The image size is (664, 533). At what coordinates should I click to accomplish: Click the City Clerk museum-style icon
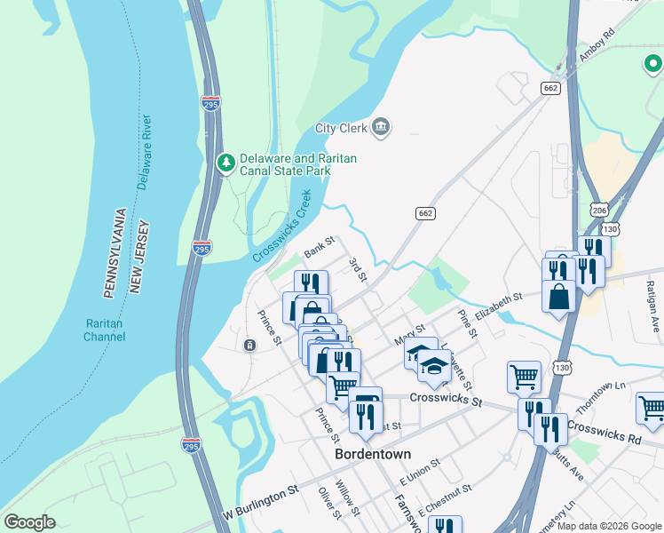pyautogui.click(x=381, y=127)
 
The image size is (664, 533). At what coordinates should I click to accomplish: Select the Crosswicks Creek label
pyautogui.click(x=282, y=226)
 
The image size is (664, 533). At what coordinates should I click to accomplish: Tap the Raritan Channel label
pyautogui.click(x=106, y=330)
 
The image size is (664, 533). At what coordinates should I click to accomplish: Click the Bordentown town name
pyautogui.click(x=373, y=454)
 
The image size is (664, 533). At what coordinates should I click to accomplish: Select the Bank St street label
pyautogui.click(x=318, y=247)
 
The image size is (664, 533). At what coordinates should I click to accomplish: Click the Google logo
pyautogui.click(x=29, y=522)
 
